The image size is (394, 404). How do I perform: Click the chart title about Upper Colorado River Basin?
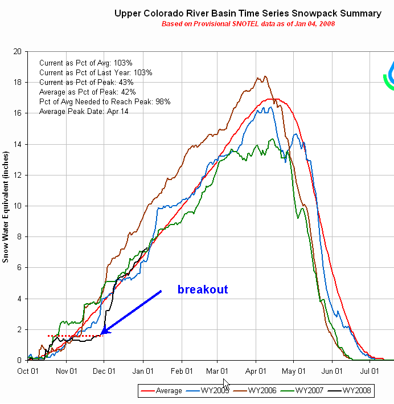tap(248, 13)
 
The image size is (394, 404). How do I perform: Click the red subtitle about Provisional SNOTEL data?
tap(248, 24)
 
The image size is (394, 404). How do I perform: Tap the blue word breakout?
tap(203, 289)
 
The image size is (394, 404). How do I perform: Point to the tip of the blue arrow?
tap(101, 334)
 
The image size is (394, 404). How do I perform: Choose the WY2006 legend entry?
tap(258, 390)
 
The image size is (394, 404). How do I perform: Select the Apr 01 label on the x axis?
tap(255, 370)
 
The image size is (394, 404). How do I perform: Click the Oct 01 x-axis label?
tap(28, 370)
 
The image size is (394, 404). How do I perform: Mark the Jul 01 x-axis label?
tap(370, 370)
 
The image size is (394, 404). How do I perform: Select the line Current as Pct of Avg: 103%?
tap(86, 63)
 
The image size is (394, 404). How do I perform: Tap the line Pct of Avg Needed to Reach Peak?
tap(105, 101)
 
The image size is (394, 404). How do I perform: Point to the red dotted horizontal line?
tap(74, 336)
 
